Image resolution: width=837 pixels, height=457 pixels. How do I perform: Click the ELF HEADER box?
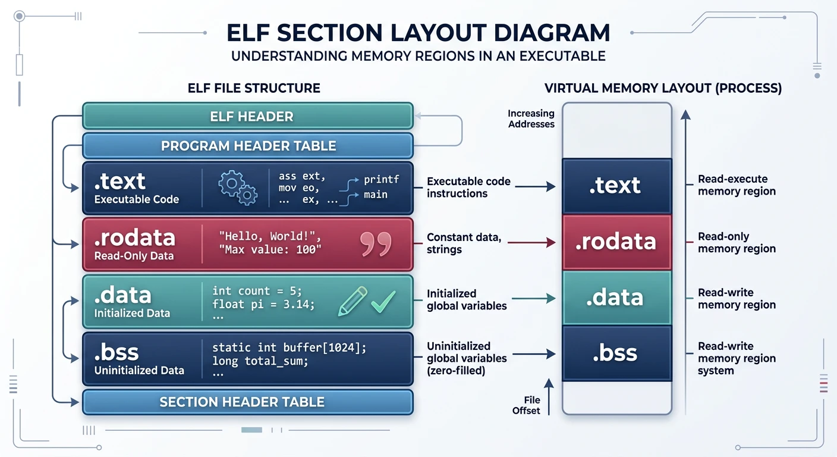247,116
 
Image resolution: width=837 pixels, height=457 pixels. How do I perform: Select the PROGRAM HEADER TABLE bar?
247,146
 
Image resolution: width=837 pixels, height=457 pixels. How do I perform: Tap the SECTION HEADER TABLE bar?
247,402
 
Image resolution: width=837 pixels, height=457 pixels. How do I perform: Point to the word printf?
381,179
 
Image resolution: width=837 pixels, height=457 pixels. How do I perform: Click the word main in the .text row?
375,195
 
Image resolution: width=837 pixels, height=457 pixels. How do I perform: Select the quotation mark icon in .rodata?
376,244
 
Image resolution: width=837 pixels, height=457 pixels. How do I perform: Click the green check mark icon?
383,302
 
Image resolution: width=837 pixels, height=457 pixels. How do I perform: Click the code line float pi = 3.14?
263,304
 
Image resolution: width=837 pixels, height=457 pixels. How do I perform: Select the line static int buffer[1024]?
289,348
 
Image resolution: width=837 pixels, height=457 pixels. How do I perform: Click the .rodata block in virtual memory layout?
616,242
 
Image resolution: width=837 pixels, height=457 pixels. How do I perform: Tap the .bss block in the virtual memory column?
616,353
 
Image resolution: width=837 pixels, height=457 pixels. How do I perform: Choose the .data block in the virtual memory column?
616,298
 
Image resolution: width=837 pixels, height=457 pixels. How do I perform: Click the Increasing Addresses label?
531,118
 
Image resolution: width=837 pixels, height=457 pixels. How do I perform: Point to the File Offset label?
527,405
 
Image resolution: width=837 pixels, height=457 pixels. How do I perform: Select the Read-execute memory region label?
737,185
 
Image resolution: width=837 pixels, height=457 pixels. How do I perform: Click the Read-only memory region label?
737,242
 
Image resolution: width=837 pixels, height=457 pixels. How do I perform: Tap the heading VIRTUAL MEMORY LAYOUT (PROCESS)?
663,89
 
